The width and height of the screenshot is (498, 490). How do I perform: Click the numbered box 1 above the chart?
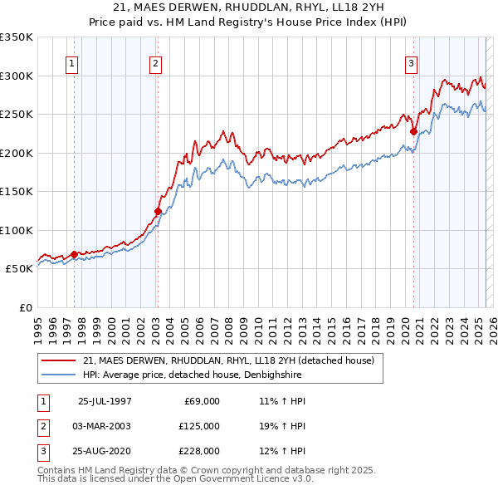(x=71, y=63)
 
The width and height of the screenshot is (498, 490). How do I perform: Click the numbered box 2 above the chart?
(x=155, y=63)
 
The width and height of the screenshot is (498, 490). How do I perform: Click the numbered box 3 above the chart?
(x=411, y=63)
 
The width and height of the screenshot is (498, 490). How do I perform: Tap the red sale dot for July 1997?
(x=75, y=254)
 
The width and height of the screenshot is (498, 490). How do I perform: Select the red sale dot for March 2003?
(x=157, y=211)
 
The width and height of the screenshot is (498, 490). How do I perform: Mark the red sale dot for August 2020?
(x=413, y=131)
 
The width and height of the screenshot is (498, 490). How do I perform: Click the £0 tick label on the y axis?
(x=23, y=307)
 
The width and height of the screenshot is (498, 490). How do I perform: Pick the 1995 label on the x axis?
(x=38, y=324)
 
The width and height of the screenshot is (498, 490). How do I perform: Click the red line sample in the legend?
(x=59, y=360)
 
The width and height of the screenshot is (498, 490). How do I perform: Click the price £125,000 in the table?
(x=200, y=426)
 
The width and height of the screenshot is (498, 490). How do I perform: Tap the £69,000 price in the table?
(x=202, y=401)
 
